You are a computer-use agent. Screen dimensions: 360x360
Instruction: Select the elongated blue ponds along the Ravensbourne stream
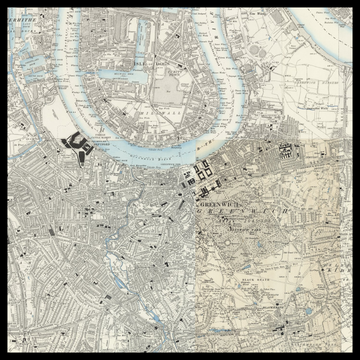(x=119, y=281)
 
